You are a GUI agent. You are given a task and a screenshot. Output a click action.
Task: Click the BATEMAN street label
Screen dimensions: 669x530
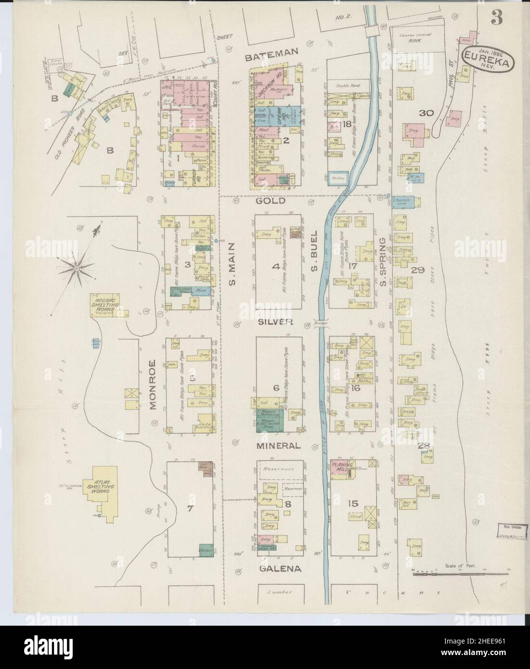[x=271, y=57]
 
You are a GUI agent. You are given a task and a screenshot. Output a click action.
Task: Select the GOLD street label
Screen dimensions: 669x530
[x=271, y=201]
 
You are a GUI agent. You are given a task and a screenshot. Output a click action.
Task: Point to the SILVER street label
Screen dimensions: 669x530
[x=275, y=322]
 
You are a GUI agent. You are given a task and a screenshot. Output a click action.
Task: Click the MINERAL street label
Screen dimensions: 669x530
[x=278, y=446]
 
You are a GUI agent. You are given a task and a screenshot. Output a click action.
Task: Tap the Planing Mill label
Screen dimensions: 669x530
[x=343, y=465]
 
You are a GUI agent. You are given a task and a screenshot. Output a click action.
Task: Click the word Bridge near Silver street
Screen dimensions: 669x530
[x=321, y=324]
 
